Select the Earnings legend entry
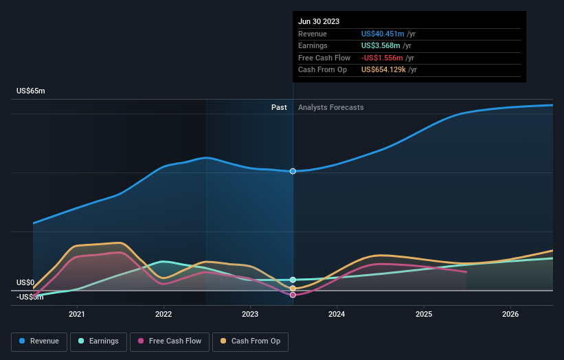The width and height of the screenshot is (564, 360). click(x=98, y=341)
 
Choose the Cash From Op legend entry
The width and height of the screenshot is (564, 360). click(x=250, y=341)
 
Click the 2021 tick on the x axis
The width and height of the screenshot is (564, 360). click(x=77, y=315)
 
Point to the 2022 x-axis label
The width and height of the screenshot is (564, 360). click(x=163, y=315)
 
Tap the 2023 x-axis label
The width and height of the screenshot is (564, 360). click(x=250, y=315)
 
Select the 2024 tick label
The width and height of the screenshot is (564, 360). click(x=337, y=315)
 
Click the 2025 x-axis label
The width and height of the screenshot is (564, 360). click(x=424, y=315)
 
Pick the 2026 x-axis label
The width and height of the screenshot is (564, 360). click(x=510, y=315)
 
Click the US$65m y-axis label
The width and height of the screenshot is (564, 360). click(x=30, y=91)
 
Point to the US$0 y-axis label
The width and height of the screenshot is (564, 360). click(x=25, y=282)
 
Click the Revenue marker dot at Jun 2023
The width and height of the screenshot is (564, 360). click(x=293, y=171)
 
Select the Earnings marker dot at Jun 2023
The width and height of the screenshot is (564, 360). click(x=293, y=280)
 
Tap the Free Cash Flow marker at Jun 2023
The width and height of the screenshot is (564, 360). click(x=293, y=295)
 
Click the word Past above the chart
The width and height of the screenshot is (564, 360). click(x=279, y=107)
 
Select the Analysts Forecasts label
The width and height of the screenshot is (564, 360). click(x=330, y=107)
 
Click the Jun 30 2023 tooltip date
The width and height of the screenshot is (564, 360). click(x=319, y=22)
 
